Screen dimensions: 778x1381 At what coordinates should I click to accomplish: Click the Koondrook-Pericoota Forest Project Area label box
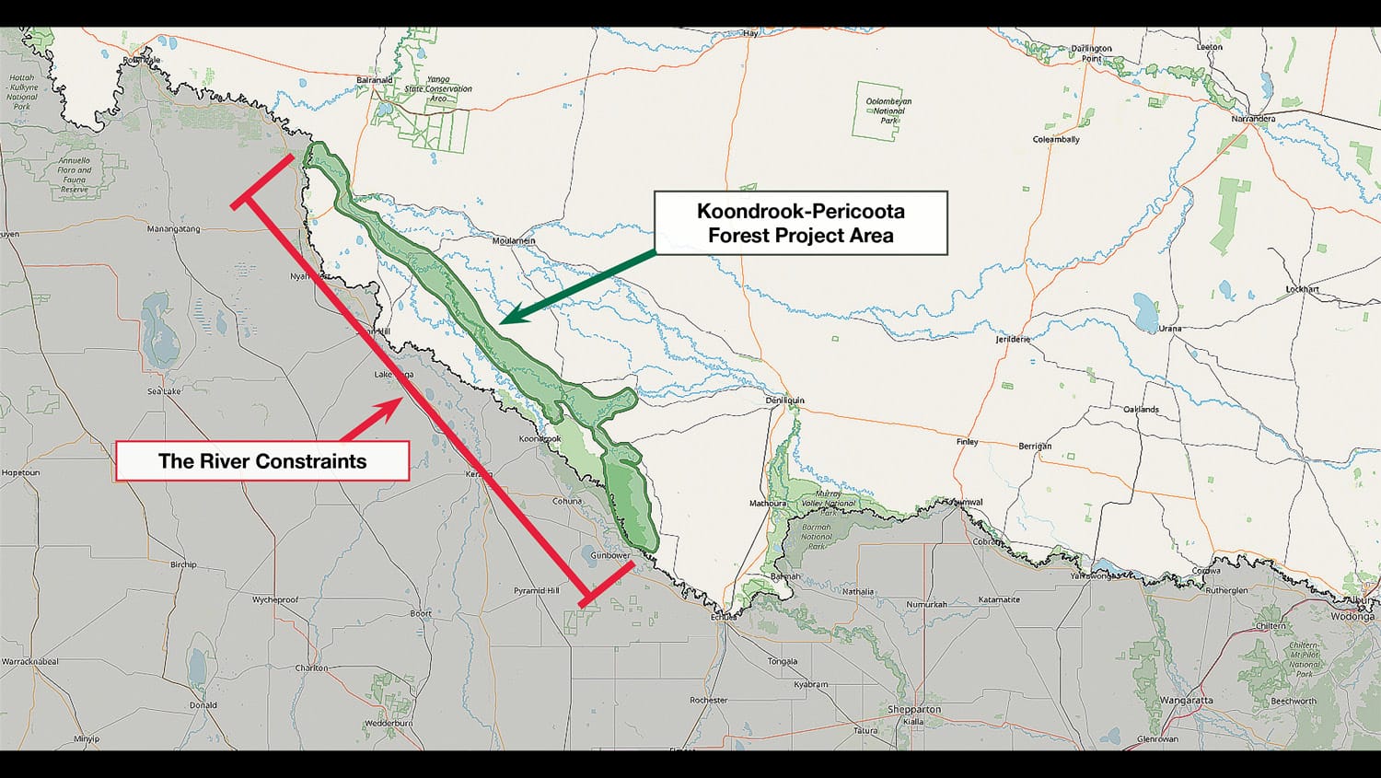point(800,223)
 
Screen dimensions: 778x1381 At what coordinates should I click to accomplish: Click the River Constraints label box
point(262,461)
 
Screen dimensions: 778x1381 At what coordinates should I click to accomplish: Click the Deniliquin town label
point(785,401)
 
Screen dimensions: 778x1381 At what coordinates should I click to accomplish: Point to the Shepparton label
point(914,710)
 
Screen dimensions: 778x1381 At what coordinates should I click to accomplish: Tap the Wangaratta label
point(1187,701)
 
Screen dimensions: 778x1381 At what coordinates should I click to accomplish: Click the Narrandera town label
point(1254,119)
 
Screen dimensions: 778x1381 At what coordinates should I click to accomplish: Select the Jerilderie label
point(1013,339)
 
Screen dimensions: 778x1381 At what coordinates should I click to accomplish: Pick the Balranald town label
point(374,80)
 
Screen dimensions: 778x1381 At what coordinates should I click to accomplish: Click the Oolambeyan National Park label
point(888,110)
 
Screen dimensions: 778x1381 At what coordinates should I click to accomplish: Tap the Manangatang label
point(173,229)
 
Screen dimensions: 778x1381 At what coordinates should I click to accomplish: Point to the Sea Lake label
point(164,391)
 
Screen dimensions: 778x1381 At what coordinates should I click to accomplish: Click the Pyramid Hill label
point(536,590)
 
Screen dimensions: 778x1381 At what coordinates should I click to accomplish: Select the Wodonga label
point(1352,617)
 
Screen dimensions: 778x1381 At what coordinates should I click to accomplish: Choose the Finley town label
point(967,442)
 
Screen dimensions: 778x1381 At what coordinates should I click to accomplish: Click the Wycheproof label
point(275,599)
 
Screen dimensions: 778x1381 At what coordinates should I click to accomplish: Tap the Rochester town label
point(708,700)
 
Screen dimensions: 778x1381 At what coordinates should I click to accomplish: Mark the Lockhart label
point(1302,289)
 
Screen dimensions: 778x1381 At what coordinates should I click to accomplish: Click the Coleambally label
point(1056,140)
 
